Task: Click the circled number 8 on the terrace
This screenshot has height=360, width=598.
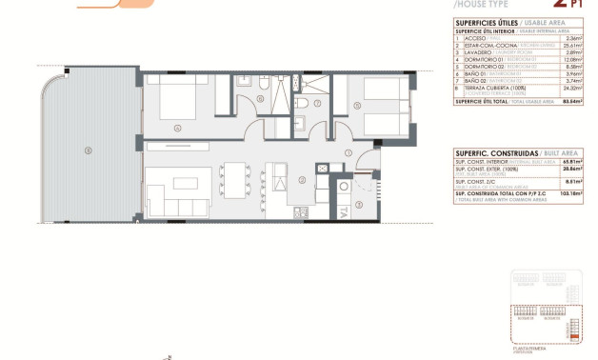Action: click(x=89, y=150)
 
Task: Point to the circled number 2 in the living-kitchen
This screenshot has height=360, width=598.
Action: click(x=301, y=179)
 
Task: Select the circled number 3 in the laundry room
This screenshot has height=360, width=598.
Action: click(x=358, y=203)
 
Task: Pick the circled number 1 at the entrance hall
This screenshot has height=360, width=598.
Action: click(x=349, y=152)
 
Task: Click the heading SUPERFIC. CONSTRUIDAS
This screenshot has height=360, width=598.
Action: click(x=494, y=152)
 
